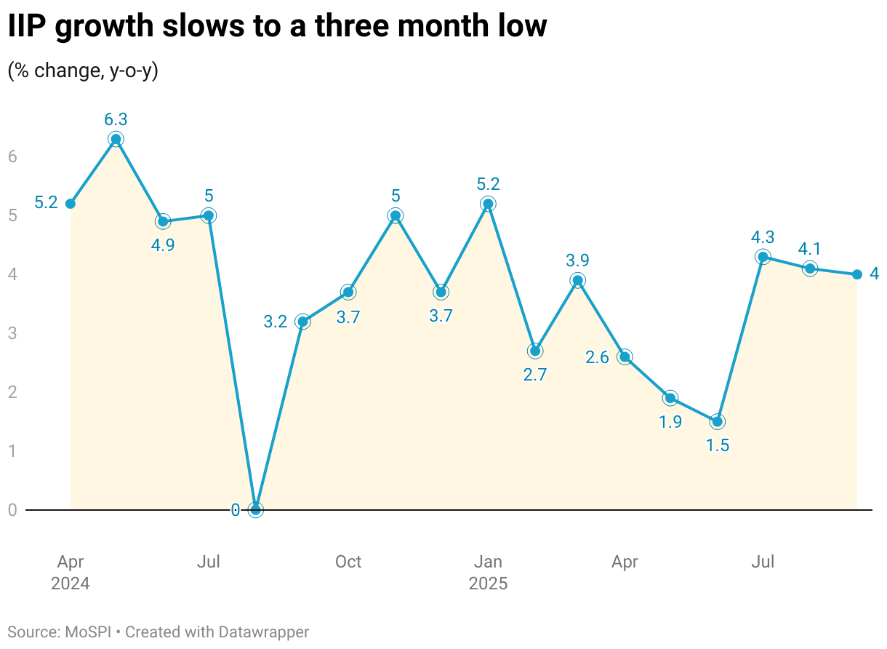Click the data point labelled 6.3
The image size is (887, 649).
coord(116,139)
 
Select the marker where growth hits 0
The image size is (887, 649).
coord(255,510)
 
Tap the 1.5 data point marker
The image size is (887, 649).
coord(718,422)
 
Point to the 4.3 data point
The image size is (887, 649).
coord(763,257)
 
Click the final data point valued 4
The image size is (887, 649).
coord(857,274)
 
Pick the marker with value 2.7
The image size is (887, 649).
coord(535,351)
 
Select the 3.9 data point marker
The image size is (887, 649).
coord(577,281)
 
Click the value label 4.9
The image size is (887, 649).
coord(163,245)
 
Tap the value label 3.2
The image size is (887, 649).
coord(276,322)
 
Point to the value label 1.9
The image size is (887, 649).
coord(670,422)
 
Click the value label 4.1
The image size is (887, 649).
coord(810,248)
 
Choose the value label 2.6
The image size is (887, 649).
coord(597,357)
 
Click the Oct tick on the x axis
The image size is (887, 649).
coord(348,562)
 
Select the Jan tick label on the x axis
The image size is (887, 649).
coord(488,562)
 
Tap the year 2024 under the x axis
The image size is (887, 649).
coord(71,584)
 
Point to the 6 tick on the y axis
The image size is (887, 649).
coord(12,157)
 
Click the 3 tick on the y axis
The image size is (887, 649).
coord(12,334)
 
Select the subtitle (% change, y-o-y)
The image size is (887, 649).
coord(83,71)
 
